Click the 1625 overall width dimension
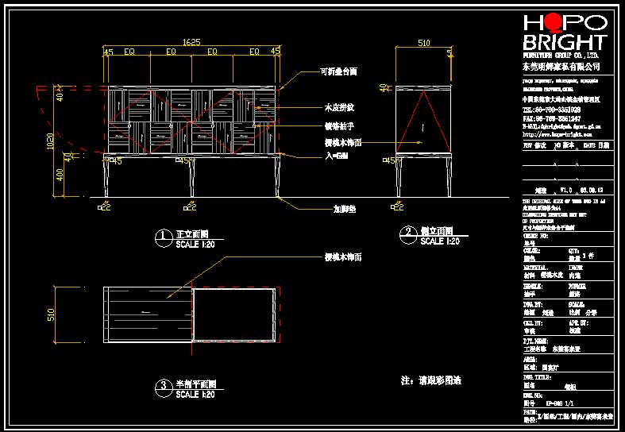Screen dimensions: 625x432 (191, 41)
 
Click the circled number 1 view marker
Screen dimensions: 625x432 (162, 236)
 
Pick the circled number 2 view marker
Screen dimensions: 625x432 (407, 233)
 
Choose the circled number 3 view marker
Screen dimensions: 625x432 (162, 386)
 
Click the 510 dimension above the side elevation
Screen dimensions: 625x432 (423, 44)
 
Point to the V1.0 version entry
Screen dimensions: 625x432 (565, 191)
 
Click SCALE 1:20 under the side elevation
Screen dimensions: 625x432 (440, 241)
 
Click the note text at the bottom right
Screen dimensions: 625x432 (431, 380)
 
